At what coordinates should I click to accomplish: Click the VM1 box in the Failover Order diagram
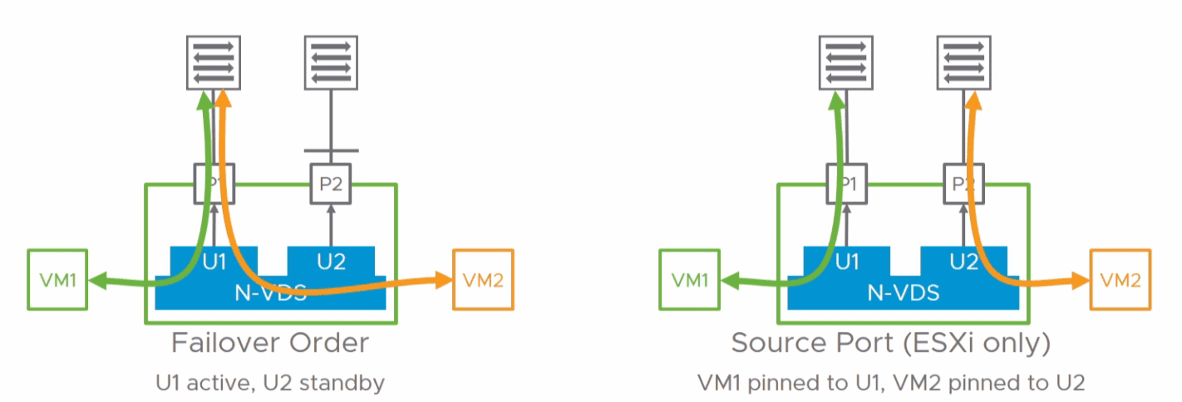(57, 279)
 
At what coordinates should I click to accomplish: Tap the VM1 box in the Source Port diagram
(688, 279)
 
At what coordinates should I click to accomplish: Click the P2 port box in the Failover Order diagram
(331, 184)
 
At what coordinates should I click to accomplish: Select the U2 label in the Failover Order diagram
(331, 262)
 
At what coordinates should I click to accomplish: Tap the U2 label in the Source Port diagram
(963, 262)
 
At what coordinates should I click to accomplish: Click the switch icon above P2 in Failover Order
(331, 61)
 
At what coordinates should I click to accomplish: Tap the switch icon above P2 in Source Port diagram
(963, 61)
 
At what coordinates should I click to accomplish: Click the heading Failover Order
(270, 343)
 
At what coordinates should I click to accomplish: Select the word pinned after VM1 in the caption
(779, 383)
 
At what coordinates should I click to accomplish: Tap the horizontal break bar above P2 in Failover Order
(331, 151)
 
